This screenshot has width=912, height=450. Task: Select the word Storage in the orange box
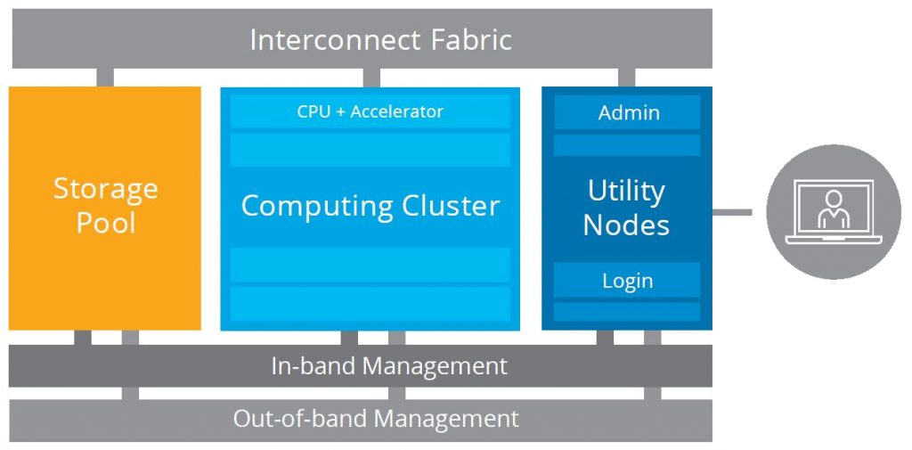click(x=105, y=189)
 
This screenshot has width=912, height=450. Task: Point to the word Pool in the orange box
click(x=105, y=223)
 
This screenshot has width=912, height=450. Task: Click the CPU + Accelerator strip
click(x=370, y=111)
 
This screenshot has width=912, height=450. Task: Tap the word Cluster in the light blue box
click(x=448, y=206)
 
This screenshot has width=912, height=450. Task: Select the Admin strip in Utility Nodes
click(x=628, y=112)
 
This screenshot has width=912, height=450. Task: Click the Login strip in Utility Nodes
click(x=627, y=281)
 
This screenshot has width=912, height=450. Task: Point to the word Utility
click(x=626, y=191)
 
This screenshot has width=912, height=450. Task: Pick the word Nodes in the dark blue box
click(x=626, y=225)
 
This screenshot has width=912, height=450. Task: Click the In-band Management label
click(x=389, y=366)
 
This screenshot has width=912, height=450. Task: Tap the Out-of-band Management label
click(x=376, y=419)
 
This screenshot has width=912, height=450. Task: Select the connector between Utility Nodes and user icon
click(x=732, y=212)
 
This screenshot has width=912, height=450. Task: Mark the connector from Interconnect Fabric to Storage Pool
click(x=105, y=78)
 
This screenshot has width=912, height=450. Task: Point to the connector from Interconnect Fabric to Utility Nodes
click(x=626, y=78)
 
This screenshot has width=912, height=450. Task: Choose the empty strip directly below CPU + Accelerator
click(x=370, y=150)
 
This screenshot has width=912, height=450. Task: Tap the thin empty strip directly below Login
click(x=627, y=312)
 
